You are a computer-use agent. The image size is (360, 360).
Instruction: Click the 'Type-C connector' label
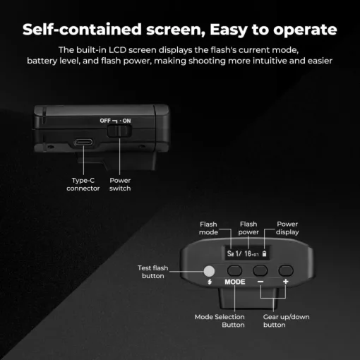(83, 184)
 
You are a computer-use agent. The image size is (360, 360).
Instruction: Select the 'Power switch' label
(120, 184)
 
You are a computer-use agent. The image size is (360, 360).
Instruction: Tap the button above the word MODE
(234, 270)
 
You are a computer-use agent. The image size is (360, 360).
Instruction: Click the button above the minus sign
(260, 270)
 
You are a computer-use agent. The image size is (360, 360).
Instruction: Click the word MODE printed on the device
(234, 282)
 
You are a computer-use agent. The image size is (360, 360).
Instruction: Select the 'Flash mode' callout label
(208, 227)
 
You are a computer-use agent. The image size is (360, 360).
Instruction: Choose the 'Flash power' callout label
(248, 227)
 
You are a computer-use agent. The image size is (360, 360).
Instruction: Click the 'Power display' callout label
(287, 227)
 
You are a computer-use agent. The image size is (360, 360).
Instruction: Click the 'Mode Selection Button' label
(219, 320)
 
